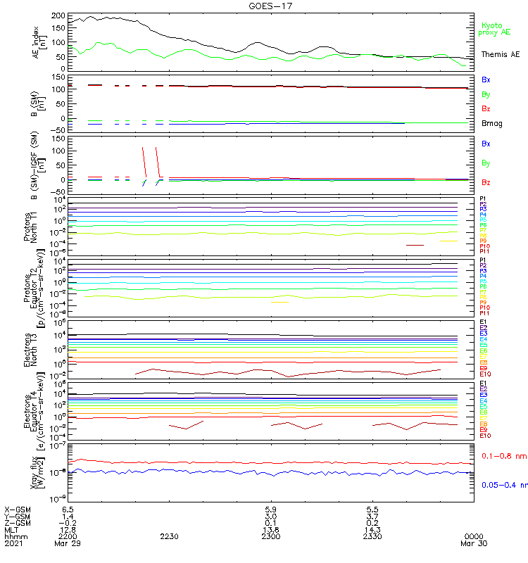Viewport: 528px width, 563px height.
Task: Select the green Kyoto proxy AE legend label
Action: click(494, 28)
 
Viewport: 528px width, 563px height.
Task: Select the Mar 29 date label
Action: click(68, 543)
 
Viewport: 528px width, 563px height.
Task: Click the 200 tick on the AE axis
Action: click(58, 15)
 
